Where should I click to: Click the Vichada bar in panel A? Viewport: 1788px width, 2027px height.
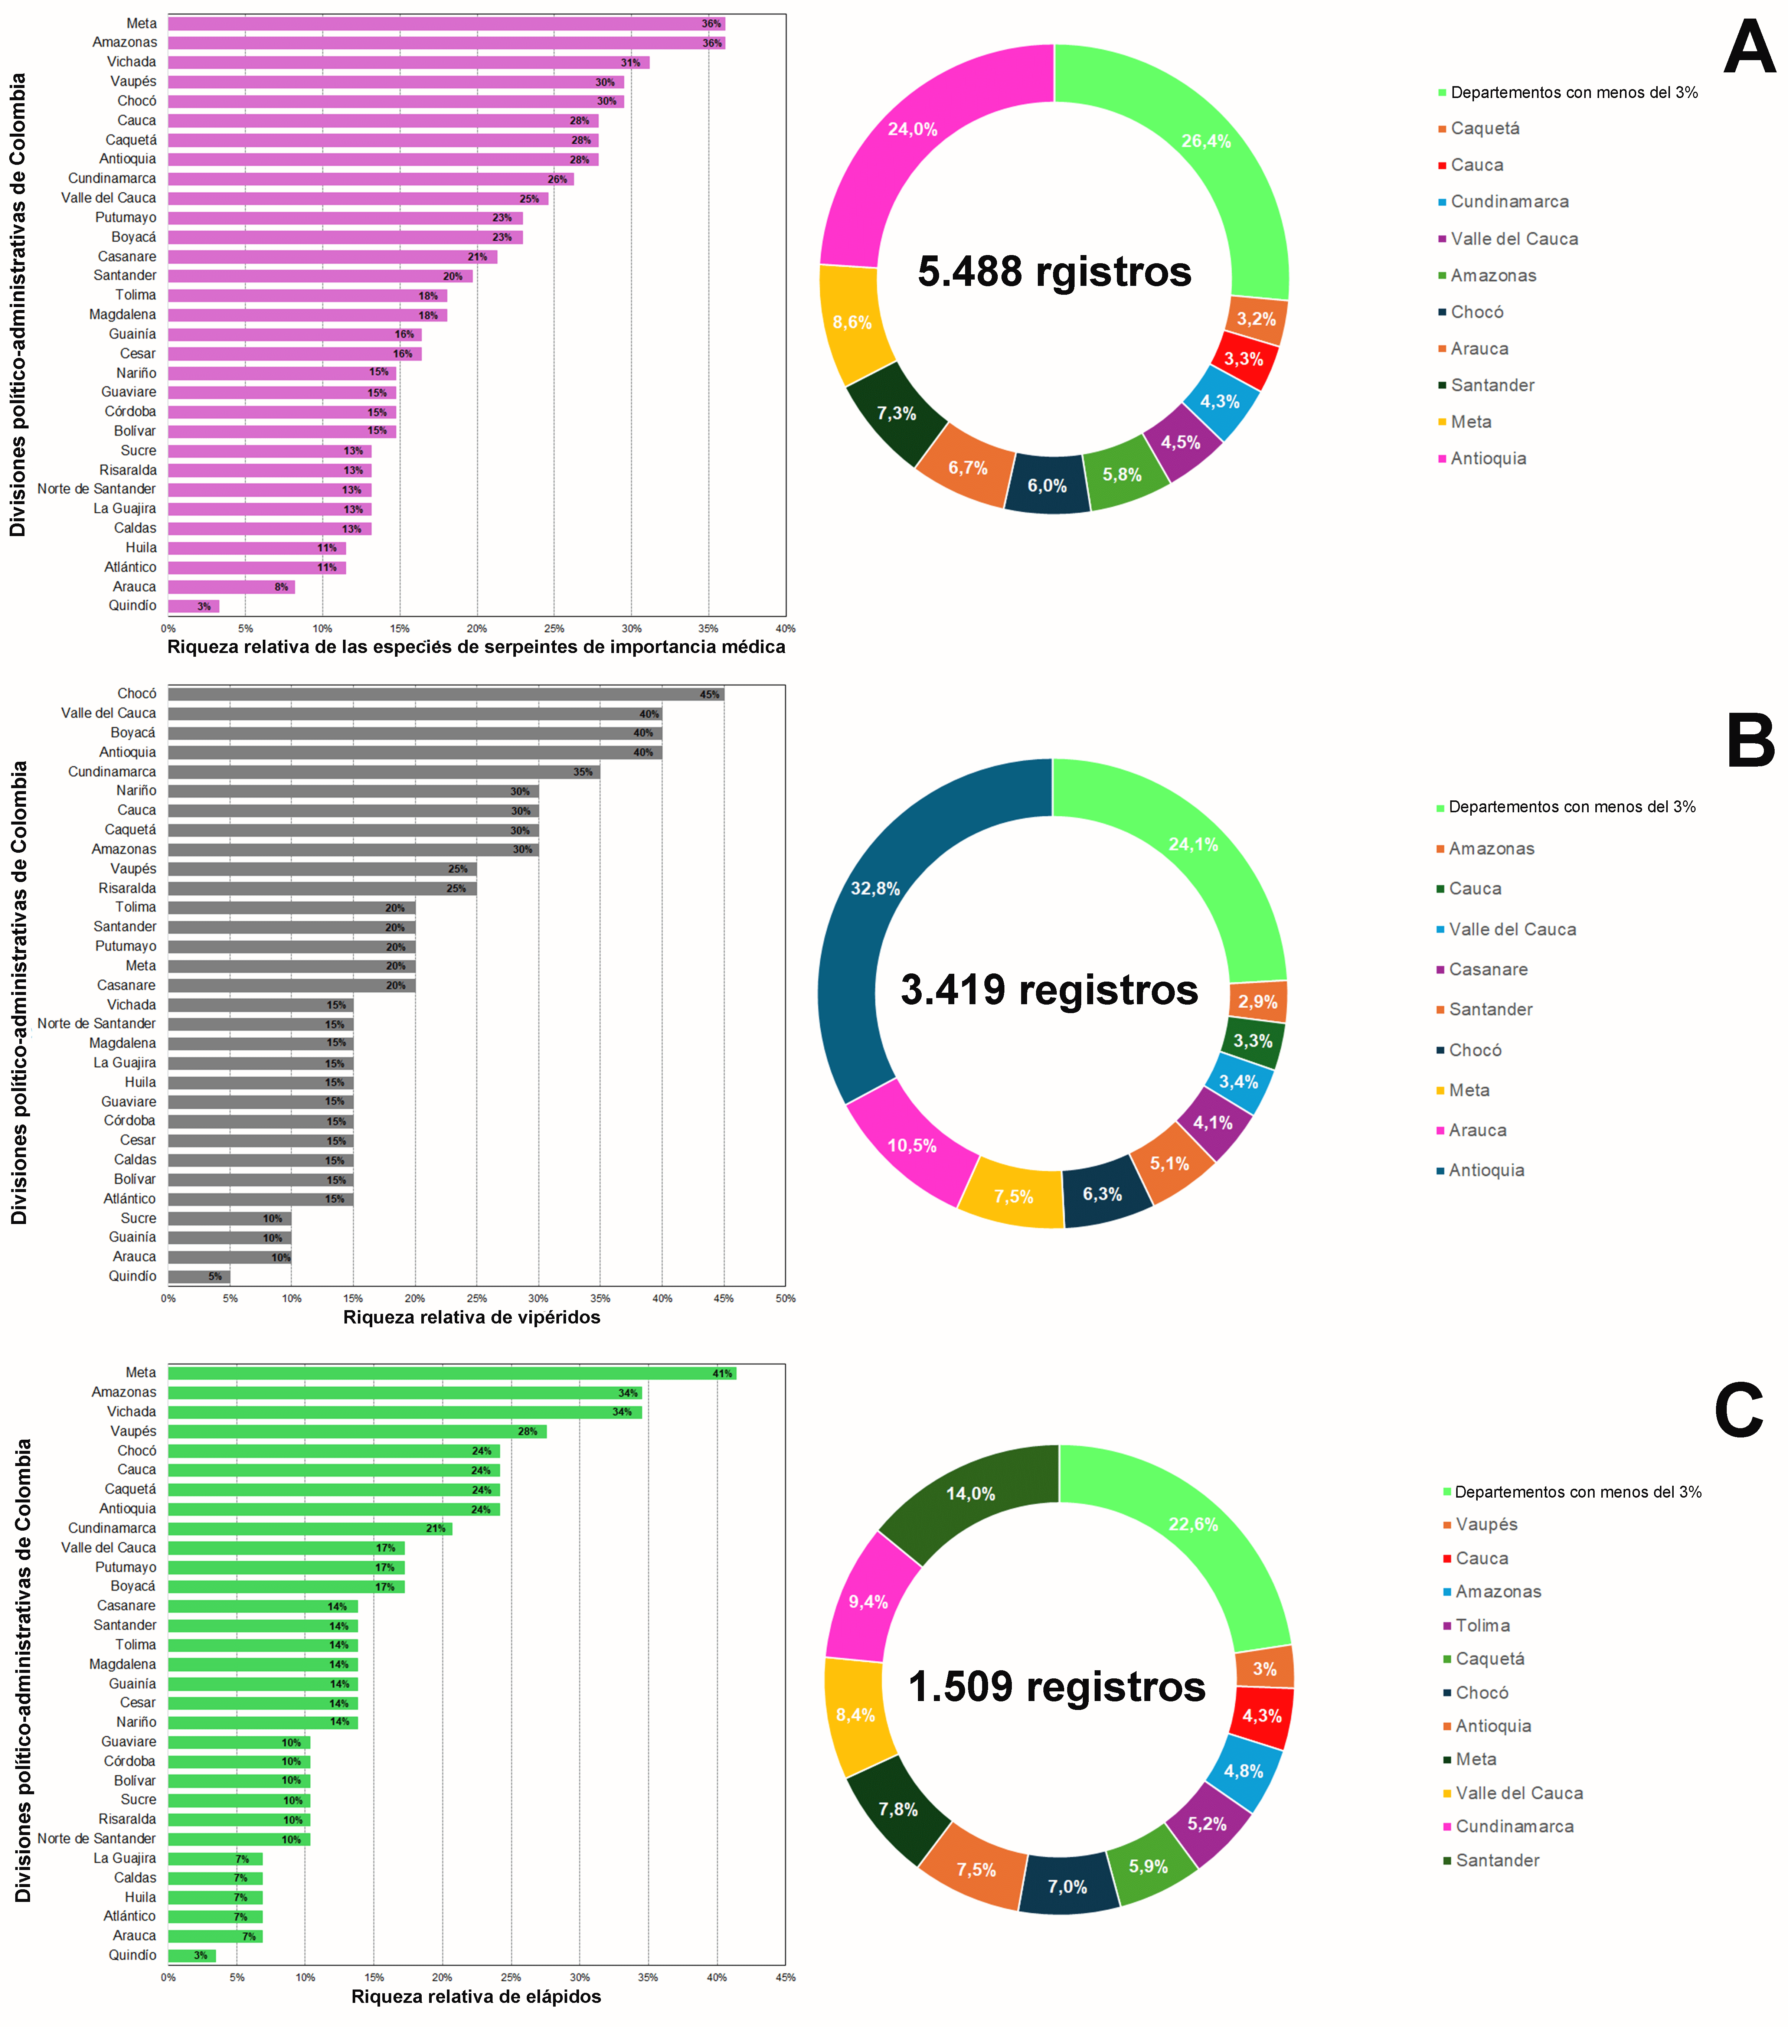pos(409,62)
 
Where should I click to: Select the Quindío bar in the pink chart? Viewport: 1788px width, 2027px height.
pos(193,606)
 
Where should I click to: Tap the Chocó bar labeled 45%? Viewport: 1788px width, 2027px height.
pos(446,694)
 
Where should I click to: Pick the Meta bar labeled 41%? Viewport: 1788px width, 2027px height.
pos(452,1374)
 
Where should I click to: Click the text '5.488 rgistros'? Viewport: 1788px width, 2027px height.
pos(1054,272)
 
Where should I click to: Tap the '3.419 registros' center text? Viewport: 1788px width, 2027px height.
pos(1049,990)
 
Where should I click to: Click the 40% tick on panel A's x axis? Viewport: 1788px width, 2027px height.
pos(785,629)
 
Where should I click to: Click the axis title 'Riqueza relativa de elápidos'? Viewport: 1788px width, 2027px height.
pos(476,1996)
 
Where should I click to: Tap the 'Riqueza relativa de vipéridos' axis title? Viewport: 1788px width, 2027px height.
pos(472,1317)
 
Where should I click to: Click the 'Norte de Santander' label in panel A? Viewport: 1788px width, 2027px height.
pos(96,489)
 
